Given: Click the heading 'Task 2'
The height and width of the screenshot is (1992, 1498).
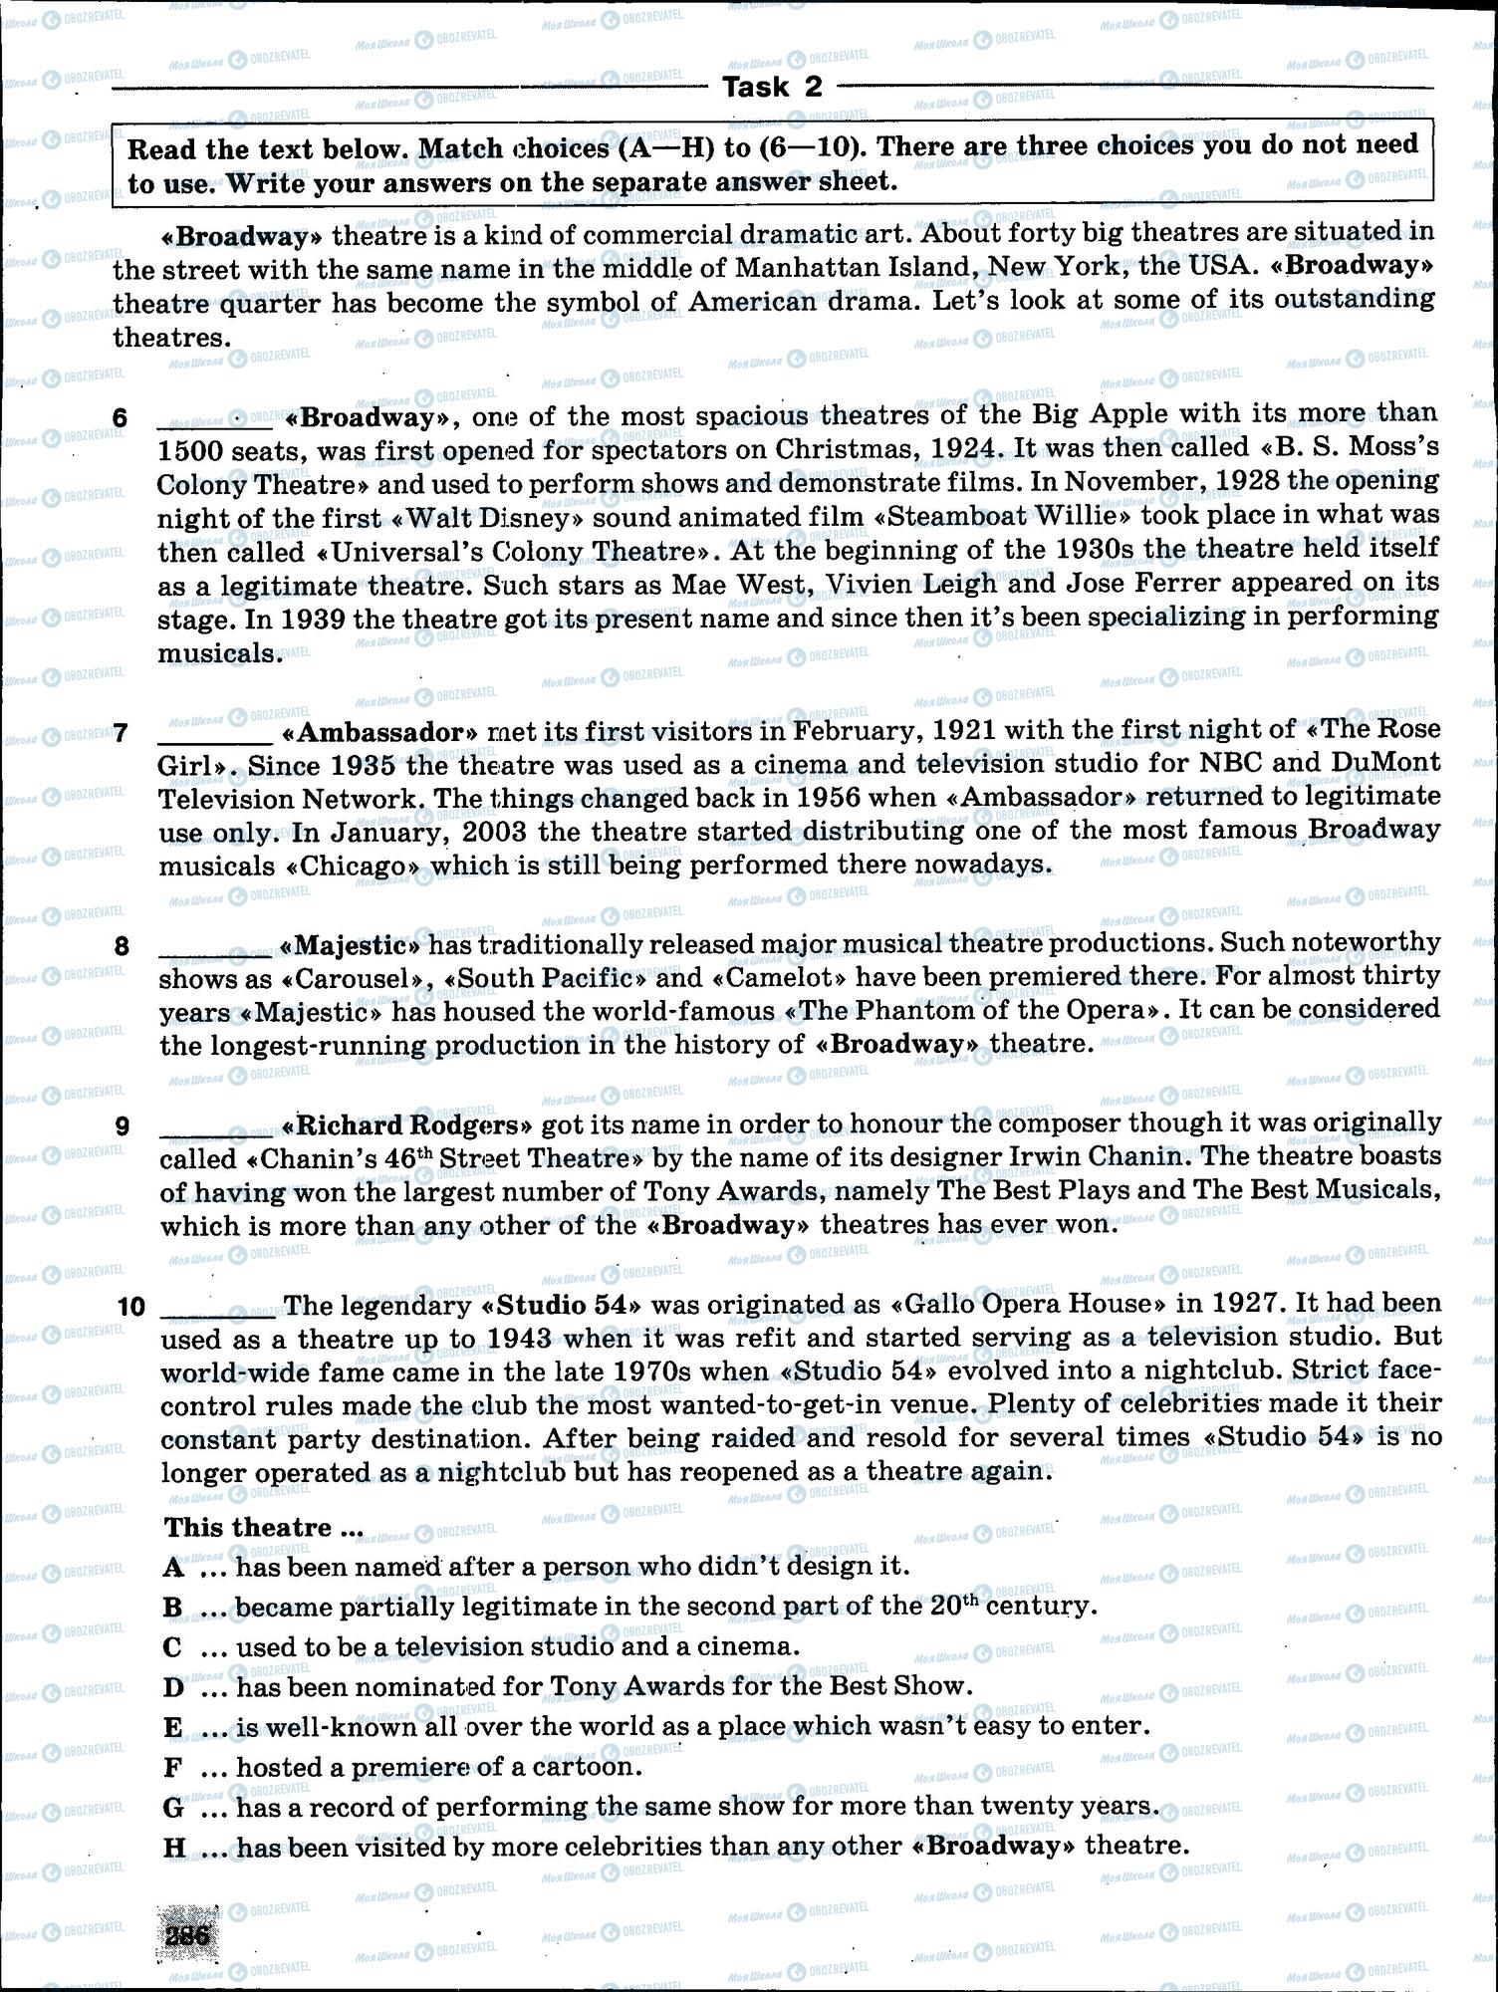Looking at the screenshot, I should [x=772, y=88].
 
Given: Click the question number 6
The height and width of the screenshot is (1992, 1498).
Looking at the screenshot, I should [x=120, y=418].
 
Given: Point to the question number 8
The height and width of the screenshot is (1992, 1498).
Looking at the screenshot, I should [x=122, y=946].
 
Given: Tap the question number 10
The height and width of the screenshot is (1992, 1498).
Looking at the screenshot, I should [x=130, y=1307].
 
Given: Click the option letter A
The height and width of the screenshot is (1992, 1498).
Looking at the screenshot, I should [x=173, y=1567].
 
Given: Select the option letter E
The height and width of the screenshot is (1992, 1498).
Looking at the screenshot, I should [x=173, y=1726].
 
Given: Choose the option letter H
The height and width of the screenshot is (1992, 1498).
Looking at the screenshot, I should [x=174, y=1847].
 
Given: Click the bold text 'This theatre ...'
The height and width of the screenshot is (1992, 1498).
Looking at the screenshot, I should [x=263, y=1528].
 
